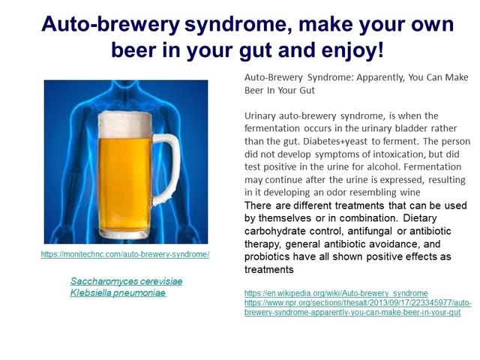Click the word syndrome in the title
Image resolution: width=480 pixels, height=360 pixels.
coord(236,24)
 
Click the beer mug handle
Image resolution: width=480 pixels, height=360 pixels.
coord(166,169)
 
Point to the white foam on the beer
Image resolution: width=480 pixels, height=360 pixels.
coord(125,124)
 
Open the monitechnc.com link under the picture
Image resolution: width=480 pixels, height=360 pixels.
coord(125,254)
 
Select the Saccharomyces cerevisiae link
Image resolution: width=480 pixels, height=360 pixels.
coord(126,281)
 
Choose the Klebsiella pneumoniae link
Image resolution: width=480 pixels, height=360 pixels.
coord(118,292)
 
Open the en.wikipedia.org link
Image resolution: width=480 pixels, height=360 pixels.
coord(336,293)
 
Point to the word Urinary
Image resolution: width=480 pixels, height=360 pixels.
coord(260,116)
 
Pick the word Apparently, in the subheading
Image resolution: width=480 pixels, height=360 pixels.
coord(380,78)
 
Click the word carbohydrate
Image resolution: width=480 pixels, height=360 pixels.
coord(275,231)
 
